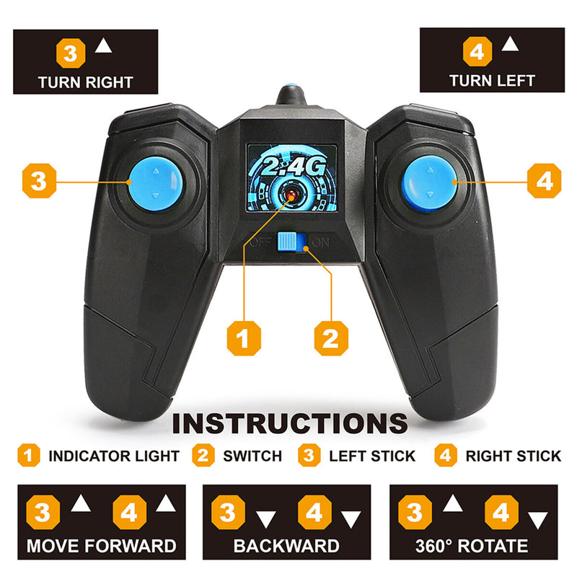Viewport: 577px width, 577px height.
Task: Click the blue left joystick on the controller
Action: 156,183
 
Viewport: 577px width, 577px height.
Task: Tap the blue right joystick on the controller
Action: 429,183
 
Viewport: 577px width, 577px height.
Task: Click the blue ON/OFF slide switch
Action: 292,242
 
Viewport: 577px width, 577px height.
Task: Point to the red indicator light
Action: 291,195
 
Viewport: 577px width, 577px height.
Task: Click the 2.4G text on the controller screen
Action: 294,166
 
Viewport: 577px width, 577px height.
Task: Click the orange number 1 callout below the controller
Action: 244,338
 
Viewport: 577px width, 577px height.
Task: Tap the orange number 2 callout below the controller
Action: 331,338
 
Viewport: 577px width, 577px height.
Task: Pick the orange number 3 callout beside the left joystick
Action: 39,181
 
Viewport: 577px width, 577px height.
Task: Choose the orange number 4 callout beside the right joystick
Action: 545,181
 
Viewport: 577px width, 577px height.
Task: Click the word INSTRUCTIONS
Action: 290,423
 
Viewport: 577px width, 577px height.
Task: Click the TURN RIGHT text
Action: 85,82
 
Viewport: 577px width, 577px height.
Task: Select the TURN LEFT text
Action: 492,81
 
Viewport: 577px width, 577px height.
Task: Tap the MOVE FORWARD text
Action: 102,546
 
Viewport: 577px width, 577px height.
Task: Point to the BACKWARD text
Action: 286,546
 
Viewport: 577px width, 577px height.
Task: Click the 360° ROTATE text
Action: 472,546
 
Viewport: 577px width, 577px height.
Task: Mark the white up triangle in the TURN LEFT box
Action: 510,44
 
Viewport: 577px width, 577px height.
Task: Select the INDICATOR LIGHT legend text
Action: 114,456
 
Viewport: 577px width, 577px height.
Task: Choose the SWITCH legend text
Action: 252,456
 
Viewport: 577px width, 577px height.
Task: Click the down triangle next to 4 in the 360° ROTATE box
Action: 537,519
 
